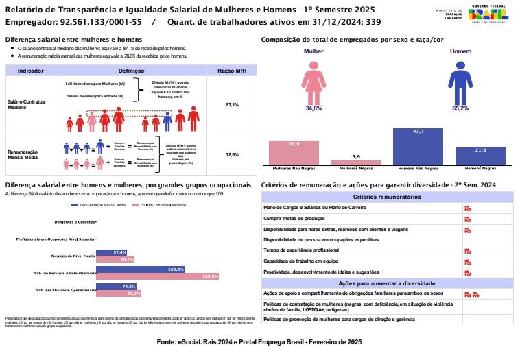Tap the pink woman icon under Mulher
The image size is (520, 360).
pyautogui.click(x=314, y=81)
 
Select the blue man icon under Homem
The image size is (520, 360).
pyautogui.click(x=460, y=81)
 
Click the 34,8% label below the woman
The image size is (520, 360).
pyautogui.click(x=314, y=108)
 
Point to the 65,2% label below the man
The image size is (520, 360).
pyautogui.click(x=460, y=108)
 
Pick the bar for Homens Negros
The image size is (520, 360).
pyautogui.click(x=480, y=156)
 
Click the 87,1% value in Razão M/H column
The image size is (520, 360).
pyautogui.click(x=232, y=105)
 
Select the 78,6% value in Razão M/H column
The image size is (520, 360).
pyautogui.click(x=232, y=155)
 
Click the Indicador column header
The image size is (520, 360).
pyautogui.click(x=31, y=71)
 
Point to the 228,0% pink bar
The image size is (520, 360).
pyautogui.click(x=158, y=276)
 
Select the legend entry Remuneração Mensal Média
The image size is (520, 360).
pyautogui.click(x=102, y=205)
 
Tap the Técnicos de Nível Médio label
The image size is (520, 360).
pyautogui.click(x=73, y=256)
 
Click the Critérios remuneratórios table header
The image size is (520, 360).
pyautogui.click(x=387, y=197)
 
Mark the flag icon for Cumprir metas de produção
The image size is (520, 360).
pyautogui.click(x=468, y=219)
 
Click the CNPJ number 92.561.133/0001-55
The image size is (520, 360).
pyautogui.click(x=104, y=22)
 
